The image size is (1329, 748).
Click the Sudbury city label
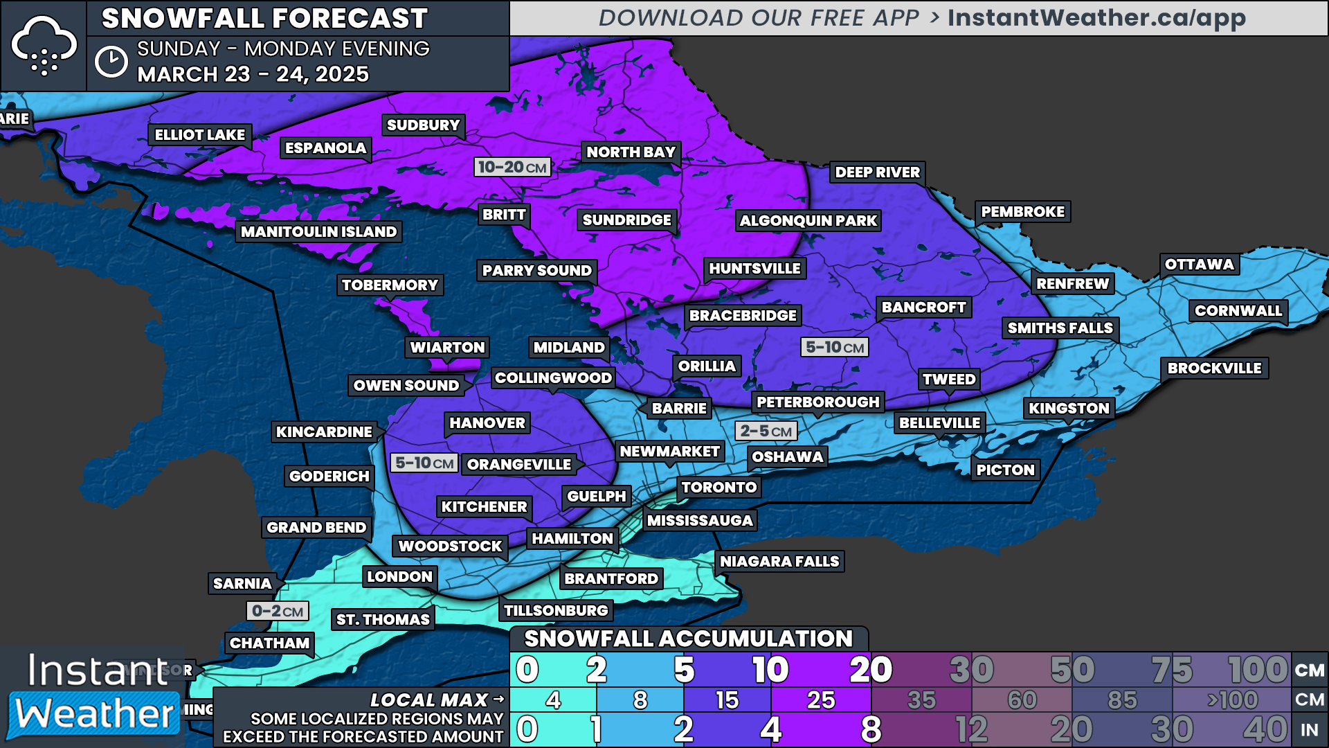(x=423, y=125)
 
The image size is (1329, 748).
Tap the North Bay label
(x=631, y=152)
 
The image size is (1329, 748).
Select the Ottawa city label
(x=1199, y=265)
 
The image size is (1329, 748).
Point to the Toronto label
(x=718, y=488)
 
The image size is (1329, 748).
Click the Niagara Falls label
(x=779, y=562)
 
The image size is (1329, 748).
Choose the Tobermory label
(x=390, y=285)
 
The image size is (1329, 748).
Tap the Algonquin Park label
(x=808, y=221)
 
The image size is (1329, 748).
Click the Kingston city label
(x=1069, y=409)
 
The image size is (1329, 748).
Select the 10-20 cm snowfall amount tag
(x=512, y=168)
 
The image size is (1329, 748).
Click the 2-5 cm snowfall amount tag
(x=766, y=431)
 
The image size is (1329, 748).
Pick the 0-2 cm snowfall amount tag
(x=277, y=611)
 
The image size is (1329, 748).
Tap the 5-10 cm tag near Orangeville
(x=424, y=463)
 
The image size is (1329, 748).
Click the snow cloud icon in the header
(x=44, y=46)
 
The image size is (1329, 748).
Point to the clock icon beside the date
(x=111, y=62)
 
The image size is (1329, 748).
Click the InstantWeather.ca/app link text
(x=1096, y=18)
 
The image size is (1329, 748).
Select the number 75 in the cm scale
(x=1171, y=670)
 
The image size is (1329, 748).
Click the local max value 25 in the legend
(x=821, y=700)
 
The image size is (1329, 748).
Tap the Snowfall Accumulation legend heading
(x=688, y=639)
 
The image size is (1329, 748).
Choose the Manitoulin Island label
(x=318, y=232)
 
